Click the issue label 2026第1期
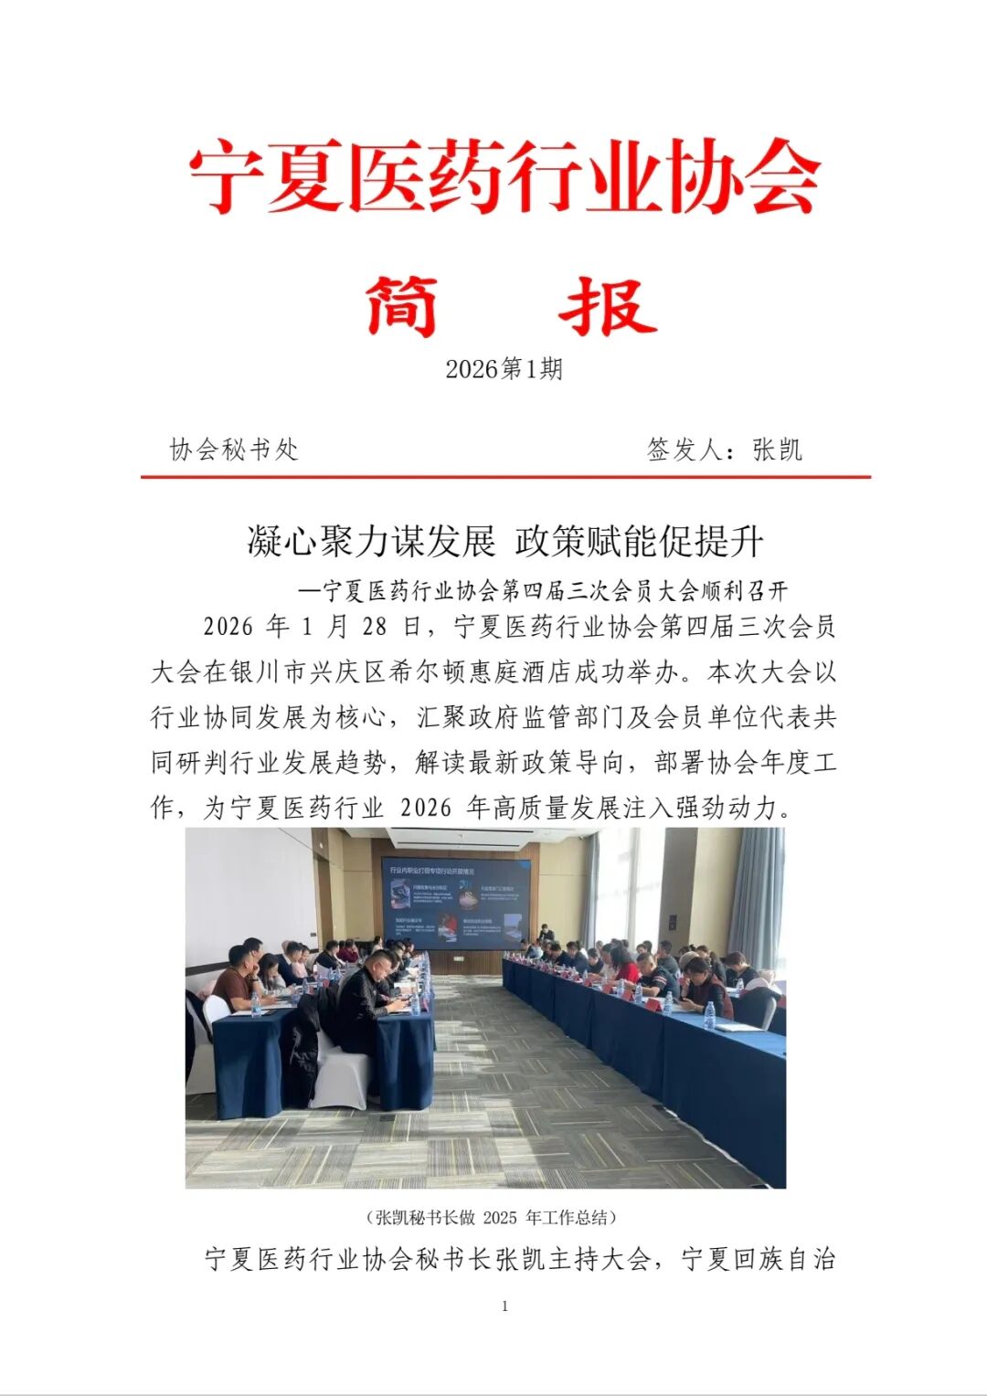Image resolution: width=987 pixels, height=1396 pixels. point(504,369)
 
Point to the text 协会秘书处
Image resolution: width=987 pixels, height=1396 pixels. point(234,449)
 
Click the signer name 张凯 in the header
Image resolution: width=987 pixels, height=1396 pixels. point(777,449)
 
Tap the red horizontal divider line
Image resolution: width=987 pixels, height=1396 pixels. point(505,476)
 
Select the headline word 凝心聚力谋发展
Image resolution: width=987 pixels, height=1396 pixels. point(371,541)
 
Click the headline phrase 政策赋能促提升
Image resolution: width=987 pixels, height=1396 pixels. point(639,541)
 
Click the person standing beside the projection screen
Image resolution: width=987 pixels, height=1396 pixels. point(547,934)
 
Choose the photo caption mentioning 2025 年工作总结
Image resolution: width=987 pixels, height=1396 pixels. point(493,1217)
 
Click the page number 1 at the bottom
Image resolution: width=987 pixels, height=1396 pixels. point(504,1306)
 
